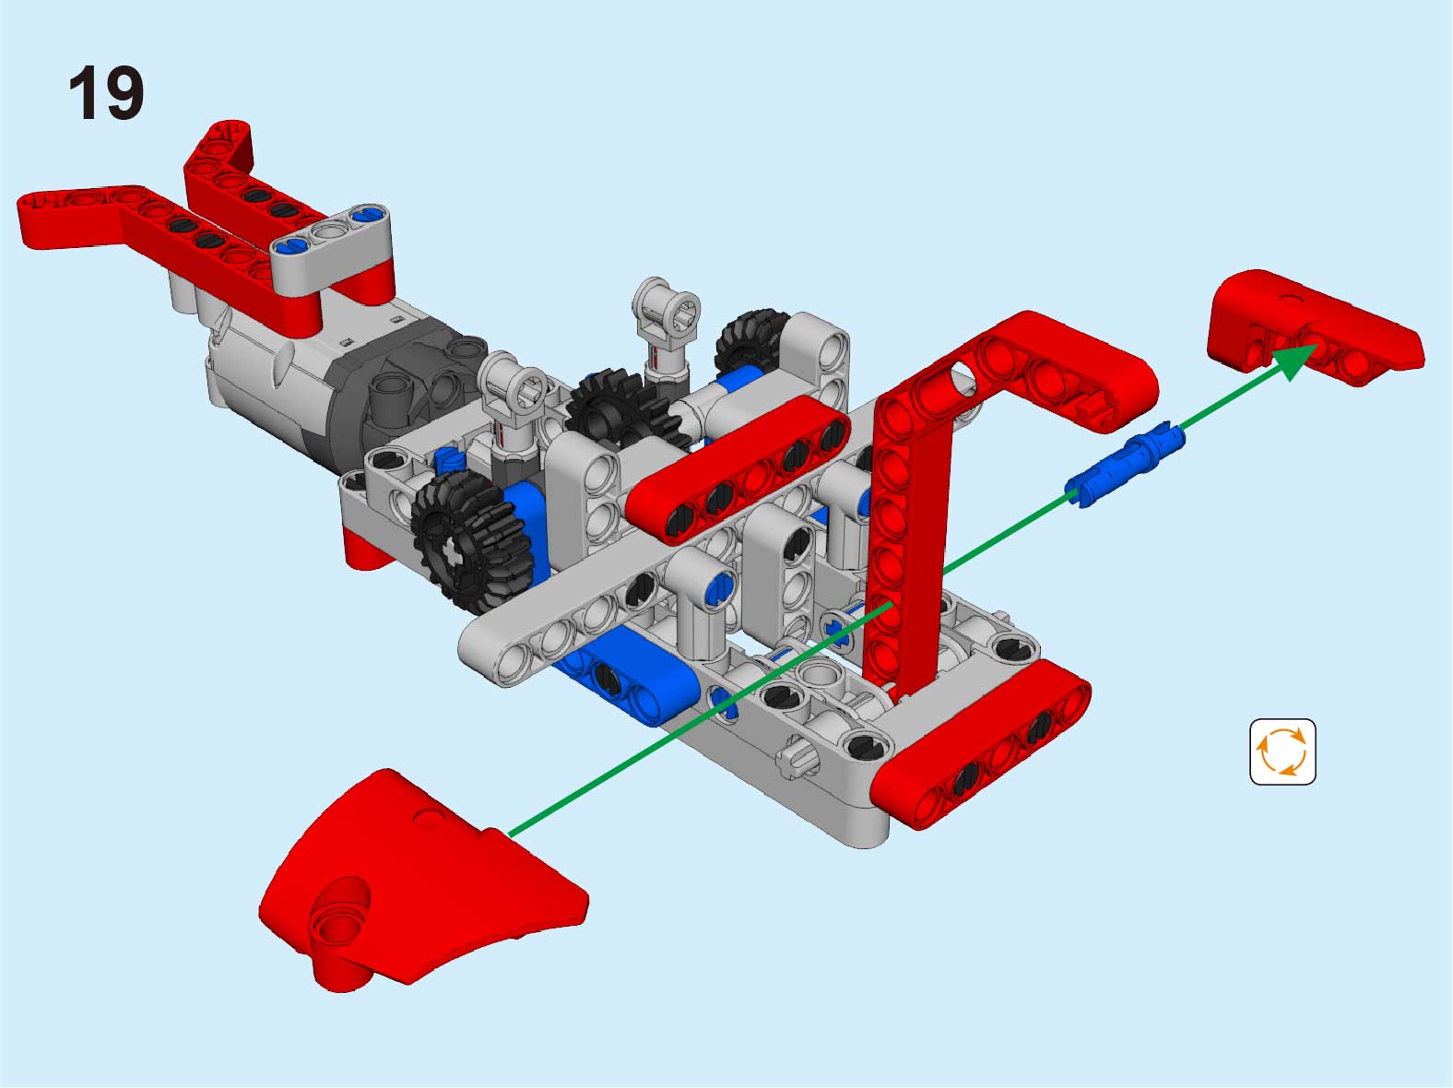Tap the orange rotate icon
pyautogui.click(x=1282, y=751)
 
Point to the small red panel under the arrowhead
pyautogui.click(x=1314, y=327)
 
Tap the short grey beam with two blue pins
pyautogui.click(x=331, y=248)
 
